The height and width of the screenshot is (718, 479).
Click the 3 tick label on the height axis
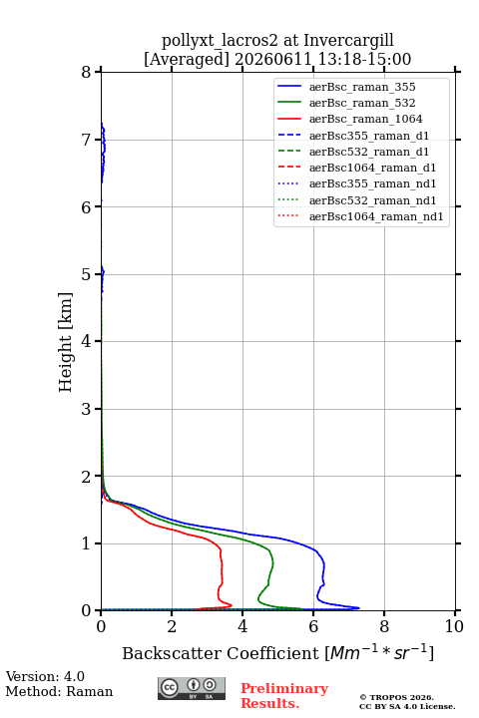click(86, 409)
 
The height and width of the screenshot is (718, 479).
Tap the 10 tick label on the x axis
click(454, 626)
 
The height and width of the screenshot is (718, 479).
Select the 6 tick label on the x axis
click(313, 626)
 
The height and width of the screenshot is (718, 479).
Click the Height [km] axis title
click(66, 342)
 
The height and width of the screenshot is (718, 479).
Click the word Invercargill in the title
click(348, 41)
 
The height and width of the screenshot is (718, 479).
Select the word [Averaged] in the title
click(186, 60)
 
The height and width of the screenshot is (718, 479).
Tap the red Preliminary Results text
click(284, 696)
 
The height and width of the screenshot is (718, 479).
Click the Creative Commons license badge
click(192, 689)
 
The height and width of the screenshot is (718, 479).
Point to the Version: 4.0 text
click(45, 677)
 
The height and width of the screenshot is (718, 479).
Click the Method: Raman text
click(59, 691)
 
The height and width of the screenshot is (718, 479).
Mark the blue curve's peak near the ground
click(359, 608)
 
